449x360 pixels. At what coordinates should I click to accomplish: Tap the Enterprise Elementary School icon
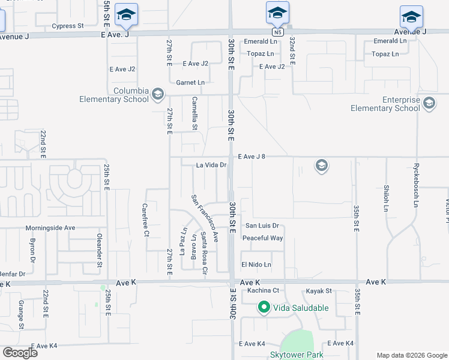429,104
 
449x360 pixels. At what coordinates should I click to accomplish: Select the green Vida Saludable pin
264,308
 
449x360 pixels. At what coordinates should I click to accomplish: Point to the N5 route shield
277,31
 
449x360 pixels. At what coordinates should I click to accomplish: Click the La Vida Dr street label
211,164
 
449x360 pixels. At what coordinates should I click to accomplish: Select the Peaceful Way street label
262,238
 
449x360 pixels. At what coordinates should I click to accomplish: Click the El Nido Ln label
256,265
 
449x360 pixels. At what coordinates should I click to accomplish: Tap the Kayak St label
318,290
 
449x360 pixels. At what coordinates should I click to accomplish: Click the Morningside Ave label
50,228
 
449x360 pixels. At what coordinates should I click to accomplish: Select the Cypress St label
67,26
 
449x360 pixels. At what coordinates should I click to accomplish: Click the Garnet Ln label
190,82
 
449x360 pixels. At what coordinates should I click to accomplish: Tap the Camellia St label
194,113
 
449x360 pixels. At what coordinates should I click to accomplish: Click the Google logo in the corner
20,352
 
